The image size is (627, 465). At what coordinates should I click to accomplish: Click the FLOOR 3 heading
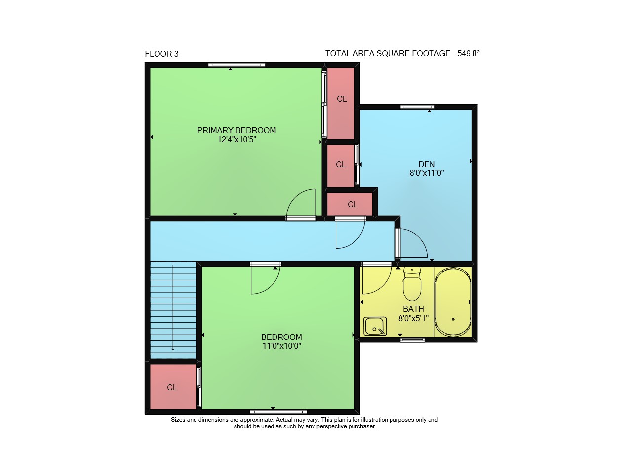162,54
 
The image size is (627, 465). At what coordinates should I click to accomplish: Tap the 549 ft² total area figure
469,53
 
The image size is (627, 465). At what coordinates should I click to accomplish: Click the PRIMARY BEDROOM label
236,130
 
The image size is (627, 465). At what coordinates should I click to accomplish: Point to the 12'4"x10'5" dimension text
236,139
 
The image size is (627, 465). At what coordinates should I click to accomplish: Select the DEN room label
427,164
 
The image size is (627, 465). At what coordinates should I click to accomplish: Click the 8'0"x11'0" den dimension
427,173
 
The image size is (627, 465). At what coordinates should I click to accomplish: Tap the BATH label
413,309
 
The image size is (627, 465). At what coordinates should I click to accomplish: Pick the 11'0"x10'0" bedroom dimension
281,346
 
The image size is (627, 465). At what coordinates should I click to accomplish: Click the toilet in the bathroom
412,284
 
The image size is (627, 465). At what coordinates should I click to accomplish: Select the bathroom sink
375,326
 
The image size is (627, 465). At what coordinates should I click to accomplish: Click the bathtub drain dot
453,319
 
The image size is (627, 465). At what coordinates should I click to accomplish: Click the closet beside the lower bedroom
173,386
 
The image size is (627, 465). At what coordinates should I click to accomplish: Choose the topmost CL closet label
342,99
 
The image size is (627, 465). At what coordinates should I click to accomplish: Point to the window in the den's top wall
418,107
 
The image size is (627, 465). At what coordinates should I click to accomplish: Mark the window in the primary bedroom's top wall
237,65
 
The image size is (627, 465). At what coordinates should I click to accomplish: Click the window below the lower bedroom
278,412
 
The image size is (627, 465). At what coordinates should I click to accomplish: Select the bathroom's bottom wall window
412,339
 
